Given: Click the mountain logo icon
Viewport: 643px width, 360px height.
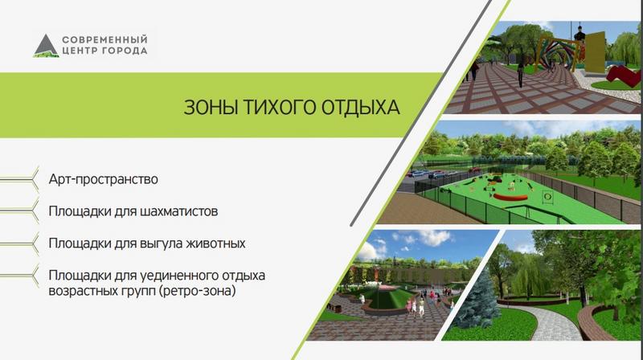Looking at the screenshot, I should [x=45, y=46].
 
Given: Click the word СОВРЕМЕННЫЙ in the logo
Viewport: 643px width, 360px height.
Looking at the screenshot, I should [x=104, y=38].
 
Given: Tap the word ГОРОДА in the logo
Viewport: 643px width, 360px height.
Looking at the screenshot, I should [x=125, y=51].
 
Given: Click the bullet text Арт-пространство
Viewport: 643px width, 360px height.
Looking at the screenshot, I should [x=103, y=178].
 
